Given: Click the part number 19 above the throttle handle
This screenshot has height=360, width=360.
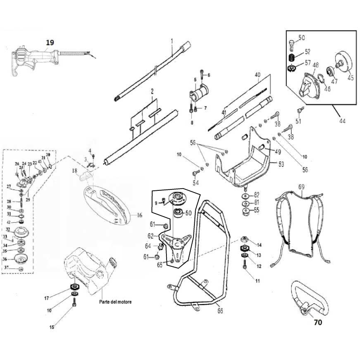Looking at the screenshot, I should [50, 42].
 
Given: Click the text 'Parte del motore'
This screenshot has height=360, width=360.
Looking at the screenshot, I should [116, 302].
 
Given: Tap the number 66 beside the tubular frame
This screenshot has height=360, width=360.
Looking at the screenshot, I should [220, 310].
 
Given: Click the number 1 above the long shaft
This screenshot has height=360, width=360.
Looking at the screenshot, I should [172, 41].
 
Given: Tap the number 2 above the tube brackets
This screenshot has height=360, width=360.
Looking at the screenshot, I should [152, 91].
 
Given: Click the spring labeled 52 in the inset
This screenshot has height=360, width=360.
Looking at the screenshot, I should [291, 58].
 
